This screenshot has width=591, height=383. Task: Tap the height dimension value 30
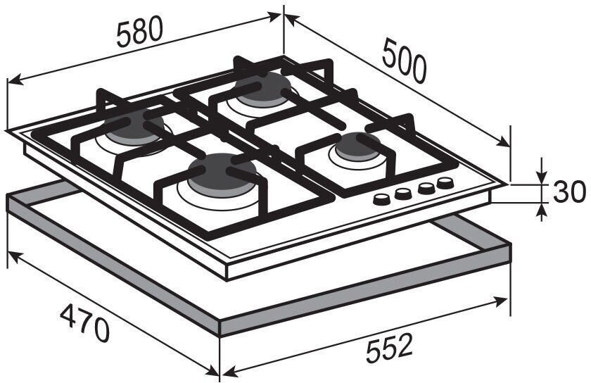click(x=568, y=192)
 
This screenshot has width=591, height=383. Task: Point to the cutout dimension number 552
click(x=388, y=347)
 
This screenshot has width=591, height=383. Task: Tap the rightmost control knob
click(x=445, y=183)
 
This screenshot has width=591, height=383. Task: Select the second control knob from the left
click(x=403, y=193)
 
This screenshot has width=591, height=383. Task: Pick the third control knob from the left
click(x=425, y=188)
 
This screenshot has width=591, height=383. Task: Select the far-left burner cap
click(x=135, y=127)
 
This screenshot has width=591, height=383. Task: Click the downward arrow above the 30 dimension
click(x=541, y=176)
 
